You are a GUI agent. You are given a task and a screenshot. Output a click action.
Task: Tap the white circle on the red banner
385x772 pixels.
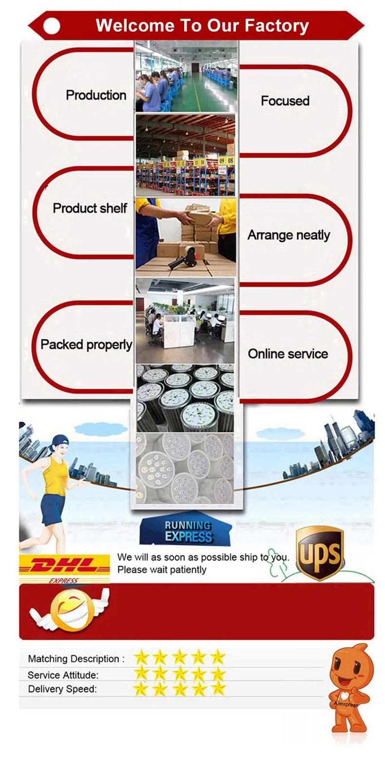[52, 26]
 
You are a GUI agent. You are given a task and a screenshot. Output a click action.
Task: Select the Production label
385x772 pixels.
[96, 95]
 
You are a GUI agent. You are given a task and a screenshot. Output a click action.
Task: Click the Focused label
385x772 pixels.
[285, 101]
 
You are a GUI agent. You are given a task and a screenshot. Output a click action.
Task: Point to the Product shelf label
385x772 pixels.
[90, 208]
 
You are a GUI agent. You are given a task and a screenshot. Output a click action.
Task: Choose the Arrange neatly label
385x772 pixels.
[289, 235]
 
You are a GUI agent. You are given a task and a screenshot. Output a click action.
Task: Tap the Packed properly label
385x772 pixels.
[86, 345]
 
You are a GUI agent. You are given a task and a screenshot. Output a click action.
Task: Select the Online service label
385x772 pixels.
[288, 354]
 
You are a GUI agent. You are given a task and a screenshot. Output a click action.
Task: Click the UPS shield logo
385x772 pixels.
[320, 553]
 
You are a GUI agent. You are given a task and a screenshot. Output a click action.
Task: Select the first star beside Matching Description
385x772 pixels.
[141, 657]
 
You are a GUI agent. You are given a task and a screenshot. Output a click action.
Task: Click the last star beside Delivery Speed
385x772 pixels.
[218, 688]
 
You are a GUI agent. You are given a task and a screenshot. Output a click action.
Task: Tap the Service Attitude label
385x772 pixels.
[63, 675]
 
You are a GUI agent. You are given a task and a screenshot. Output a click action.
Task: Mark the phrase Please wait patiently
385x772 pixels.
[162, 570]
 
